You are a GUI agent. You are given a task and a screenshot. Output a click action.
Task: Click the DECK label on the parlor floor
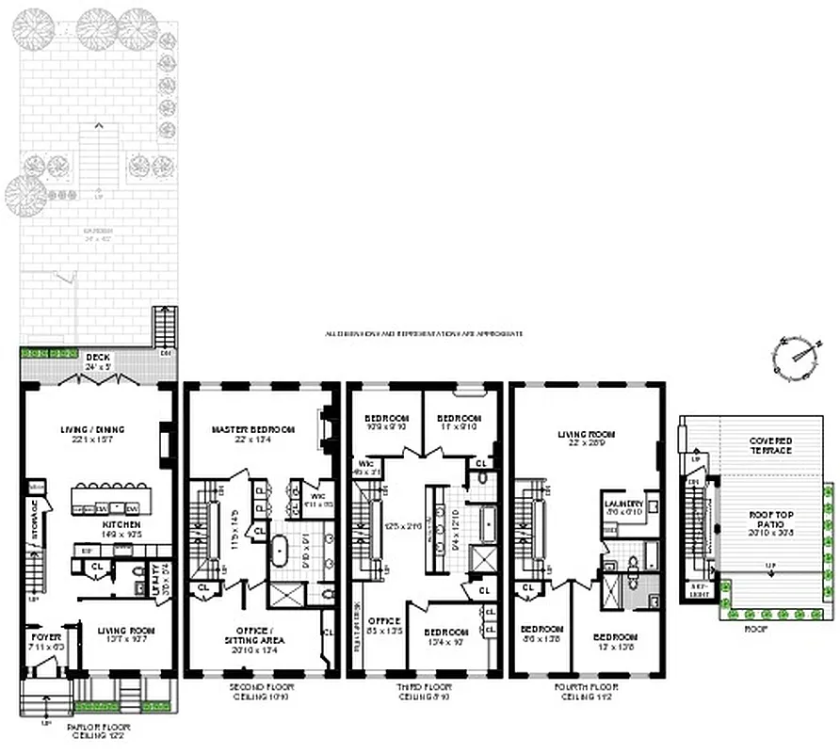(98, 358)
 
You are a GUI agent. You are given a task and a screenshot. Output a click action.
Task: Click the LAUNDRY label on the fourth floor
(622, 505)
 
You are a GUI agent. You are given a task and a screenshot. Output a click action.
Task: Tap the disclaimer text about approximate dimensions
(424, 333)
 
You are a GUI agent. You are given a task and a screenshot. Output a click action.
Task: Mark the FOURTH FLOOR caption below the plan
(588, 687)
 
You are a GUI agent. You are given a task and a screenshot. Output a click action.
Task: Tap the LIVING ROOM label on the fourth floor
(586, 434)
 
